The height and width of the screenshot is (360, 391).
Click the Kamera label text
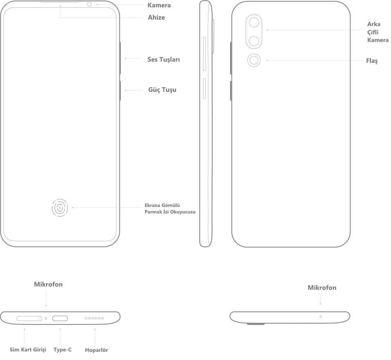(x=159, y=5)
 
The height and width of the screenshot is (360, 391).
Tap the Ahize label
(x=156, y=18)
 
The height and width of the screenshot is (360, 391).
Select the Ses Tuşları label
(x=163, y=60)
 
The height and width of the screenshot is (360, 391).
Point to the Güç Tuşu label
(x=162, y=89)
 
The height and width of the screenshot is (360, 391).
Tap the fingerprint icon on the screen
(x=60, y=208)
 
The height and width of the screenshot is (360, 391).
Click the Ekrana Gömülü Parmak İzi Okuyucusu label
(x=170, y=209)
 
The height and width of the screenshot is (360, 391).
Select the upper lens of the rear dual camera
(x=254, y=22)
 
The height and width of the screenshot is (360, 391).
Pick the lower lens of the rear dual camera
(x=254, y=40)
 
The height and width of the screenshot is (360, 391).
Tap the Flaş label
(x=372, y=61)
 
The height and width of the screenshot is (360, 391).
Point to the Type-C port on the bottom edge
(x=60, y=318)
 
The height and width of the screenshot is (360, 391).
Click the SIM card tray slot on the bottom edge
(x=29, y=318)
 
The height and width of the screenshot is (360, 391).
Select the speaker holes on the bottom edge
(x=94, y=318)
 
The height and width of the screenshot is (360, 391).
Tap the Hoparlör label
(x=96, y=350)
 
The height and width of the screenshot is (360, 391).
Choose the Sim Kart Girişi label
(x=28, y=349)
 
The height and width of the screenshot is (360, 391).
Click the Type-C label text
(x=63, y=349)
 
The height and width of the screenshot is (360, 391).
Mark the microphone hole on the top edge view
(x=320, y=316)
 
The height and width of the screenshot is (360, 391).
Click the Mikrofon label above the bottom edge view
(x=48, y=284)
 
